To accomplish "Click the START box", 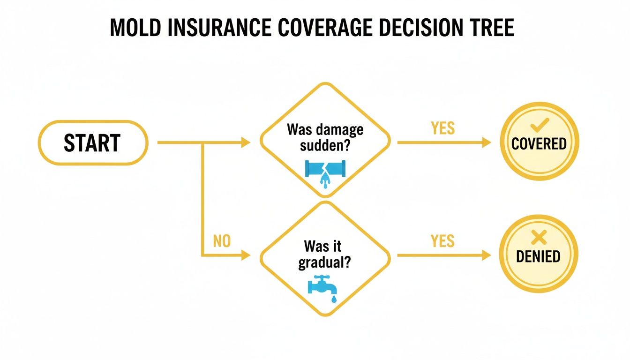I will click(92, 143).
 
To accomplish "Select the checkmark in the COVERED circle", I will click(539, 124).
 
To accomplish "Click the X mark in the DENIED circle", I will click(539, 239).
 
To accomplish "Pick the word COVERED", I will click(539, 143).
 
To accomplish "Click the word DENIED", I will click(539, 256).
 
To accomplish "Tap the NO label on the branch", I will click(222, 241).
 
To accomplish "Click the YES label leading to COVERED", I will click(442, 128).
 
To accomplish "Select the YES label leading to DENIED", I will click(442, 241).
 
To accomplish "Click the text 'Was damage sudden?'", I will click(325, 136).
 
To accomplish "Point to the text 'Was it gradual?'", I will click(325, 254).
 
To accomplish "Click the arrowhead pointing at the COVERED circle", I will click(486, 142).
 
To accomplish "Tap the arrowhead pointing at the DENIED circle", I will click(486, 255).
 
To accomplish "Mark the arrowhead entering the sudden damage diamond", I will click(246, 142).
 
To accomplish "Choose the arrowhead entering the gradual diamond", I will click(246, 255).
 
